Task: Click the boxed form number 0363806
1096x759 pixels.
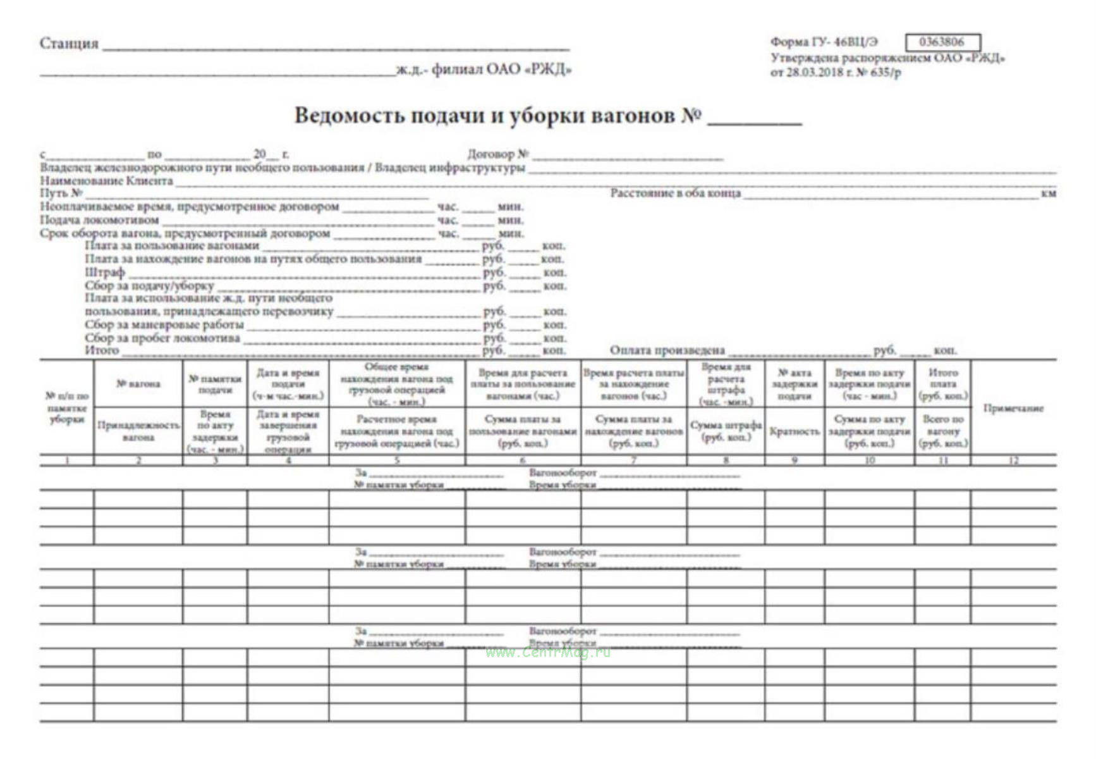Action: point(942,42)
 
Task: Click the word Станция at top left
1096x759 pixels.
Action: point(69,44)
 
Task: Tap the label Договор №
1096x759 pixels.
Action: point(497,154)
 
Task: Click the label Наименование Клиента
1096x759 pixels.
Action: point(106,181)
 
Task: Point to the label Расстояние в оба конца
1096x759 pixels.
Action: point(675,193)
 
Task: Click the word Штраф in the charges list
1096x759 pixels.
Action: point(105,273)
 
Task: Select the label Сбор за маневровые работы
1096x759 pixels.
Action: point(164,324)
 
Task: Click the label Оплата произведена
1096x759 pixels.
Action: point(667,350)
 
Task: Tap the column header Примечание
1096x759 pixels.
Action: point(1013,409)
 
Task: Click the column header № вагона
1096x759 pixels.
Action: point(138,384)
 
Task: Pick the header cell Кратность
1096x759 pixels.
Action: point(795,431)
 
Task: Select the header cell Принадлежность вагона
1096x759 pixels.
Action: point(138,431)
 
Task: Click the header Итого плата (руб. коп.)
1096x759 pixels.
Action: point(942,384)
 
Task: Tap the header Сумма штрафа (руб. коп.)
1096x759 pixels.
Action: point(726,431)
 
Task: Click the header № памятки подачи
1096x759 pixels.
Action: point(215,384)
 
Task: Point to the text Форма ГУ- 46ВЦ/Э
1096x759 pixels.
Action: point(824,42)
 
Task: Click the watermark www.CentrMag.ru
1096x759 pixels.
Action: point(548,653)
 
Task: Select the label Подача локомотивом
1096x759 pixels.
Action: point(99,220)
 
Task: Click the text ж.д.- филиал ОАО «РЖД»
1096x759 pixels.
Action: point(484,70)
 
